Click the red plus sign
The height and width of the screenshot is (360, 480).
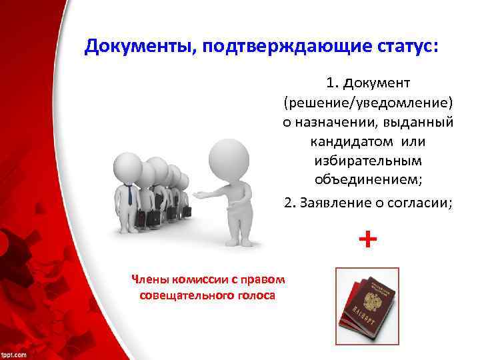coord(367,238)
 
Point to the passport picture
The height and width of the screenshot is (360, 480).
coord(366,305)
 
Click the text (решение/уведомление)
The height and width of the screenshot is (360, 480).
coord(367,103)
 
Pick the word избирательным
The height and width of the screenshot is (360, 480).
coord(367,161)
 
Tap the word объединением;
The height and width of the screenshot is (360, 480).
coord(367,181)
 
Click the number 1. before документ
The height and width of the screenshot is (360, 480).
coord(333,83)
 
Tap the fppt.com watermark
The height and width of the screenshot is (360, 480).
coord(14,353)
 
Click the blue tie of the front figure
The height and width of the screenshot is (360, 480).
coord(129,195)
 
